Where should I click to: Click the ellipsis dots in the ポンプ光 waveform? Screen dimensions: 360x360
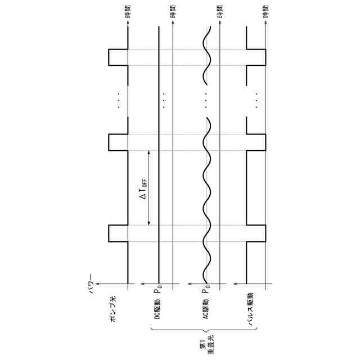pos(119,100)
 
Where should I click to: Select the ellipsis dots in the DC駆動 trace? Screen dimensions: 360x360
pos(163,100)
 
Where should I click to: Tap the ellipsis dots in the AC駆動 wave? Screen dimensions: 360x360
pos(207,100)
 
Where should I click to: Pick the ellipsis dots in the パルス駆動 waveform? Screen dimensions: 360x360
pos(256,100)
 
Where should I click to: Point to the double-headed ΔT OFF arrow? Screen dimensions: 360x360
pos(148,188)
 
